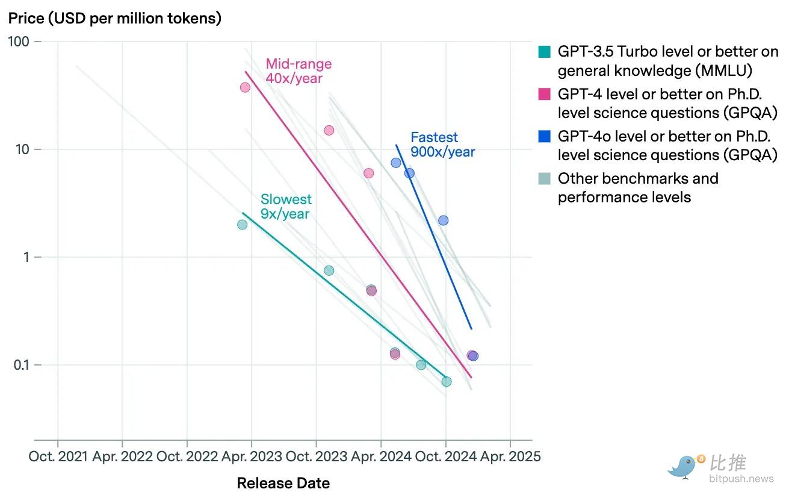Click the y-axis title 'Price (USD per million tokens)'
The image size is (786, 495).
point(115,18)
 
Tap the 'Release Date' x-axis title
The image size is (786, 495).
point(283,483)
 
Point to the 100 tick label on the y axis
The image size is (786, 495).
point(18,42)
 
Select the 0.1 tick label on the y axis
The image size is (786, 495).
point(21,365)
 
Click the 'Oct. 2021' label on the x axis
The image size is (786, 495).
point(58,456)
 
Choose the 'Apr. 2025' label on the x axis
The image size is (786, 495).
point(510,456)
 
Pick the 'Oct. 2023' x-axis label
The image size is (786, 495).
point(317,456)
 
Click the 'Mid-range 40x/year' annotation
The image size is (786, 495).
point(299,71)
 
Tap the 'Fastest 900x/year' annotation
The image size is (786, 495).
point(443,145)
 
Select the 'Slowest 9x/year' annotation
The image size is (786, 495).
point(286,207)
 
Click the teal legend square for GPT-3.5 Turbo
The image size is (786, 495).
point(544,52)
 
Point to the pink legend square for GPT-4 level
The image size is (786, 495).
point(544,94)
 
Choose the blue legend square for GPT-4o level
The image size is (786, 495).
point(544,136)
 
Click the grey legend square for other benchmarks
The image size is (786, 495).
point(544,178)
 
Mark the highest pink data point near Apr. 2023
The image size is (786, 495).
point(245,87)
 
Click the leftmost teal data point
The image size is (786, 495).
point(242,225)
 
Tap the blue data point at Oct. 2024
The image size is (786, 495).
point(443,220)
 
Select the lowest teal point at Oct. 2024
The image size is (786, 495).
point(447,382)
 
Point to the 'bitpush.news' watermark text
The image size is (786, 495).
point(741,479)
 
